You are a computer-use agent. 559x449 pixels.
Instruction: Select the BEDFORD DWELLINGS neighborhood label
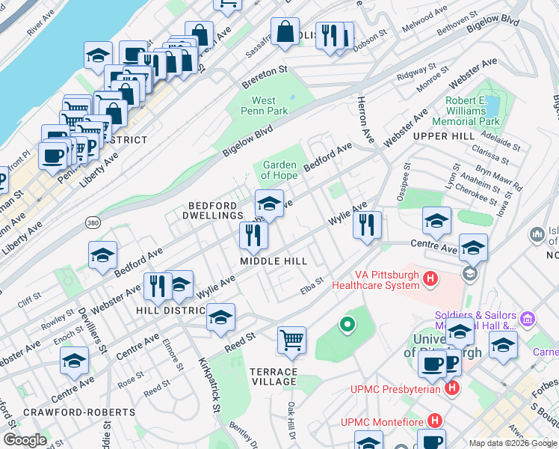coord(212,210)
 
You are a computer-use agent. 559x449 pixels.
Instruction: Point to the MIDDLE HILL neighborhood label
coord(274,261)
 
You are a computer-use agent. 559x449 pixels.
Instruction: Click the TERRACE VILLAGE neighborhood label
coord(274,376)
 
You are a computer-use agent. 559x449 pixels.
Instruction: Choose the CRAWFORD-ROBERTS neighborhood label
coord(68,412)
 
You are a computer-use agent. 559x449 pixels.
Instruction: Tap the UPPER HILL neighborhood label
coord(444,136)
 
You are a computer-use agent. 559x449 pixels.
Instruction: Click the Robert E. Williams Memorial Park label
coord(472,111)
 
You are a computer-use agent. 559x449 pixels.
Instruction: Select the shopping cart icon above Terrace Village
coord(291,340)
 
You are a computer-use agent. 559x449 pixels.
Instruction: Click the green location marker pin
coord(347,325)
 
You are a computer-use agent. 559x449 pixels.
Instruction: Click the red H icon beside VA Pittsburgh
coord(430,279)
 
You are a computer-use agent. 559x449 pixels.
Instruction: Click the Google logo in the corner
coord(25,440)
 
